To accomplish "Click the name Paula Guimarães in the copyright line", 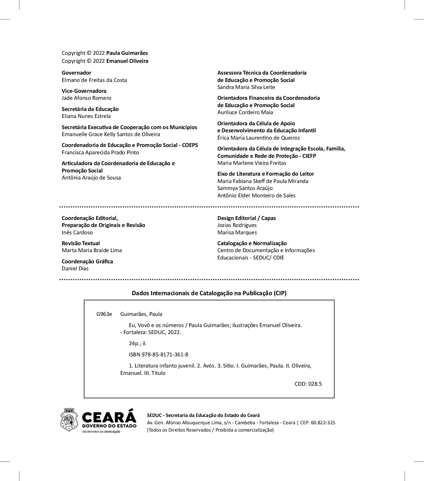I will point(127,53).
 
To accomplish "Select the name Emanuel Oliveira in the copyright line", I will point(127,61).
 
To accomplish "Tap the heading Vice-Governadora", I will point(84,91).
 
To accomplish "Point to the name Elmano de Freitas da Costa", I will point(94,80).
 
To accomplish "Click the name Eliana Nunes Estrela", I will point(86,116).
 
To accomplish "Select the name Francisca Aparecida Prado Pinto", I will point(100,152).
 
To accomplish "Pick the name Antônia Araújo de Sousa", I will point(91,178).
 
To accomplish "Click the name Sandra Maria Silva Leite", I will point(246,87).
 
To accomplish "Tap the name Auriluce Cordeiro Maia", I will point(245,112).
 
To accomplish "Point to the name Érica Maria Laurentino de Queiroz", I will point(258,138).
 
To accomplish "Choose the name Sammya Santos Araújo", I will point(245,188).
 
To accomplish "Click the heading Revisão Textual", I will point(81,243).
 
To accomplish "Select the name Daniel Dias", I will point(75,268).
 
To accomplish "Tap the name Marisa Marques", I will point(237,232).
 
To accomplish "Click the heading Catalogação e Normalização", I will point(252,243).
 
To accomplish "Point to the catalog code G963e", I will point(104,314).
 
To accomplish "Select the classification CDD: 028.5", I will point(308,384).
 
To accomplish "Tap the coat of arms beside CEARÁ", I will point(69,420).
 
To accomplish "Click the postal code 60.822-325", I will point(323,423).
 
